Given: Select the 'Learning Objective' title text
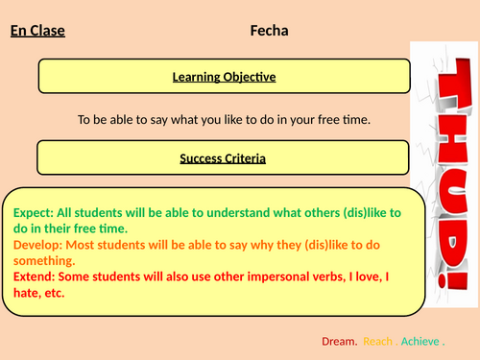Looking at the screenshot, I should (x=225, y=77).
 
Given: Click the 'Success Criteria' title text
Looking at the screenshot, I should (x=225, y=157).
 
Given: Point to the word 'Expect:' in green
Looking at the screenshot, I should (x=33, y=211).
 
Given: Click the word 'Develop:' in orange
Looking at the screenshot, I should (x=38, y=244).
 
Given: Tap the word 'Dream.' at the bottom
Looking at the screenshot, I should (x=338, y=341).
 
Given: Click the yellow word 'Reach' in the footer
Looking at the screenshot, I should (x=378, y=341).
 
